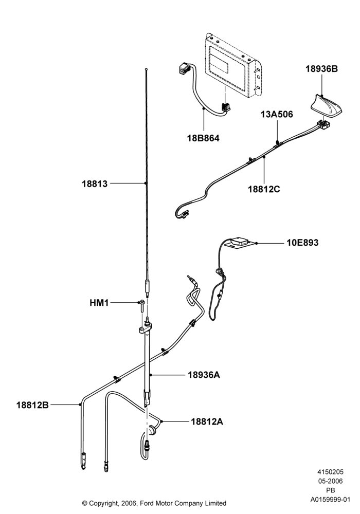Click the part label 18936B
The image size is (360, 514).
coord(321,69)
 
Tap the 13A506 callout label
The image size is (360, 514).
coord(277,114)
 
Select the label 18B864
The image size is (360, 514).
coord(203,138)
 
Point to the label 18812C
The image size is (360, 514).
coord(264,189)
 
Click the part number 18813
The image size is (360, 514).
coord(95,183)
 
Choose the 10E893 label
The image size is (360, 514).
coord(302,243)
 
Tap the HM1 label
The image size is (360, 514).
coord(99,303)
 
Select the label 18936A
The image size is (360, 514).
coord(204,375)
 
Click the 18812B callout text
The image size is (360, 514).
coord(32,405)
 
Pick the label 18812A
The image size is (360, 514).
coord(207,421)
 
